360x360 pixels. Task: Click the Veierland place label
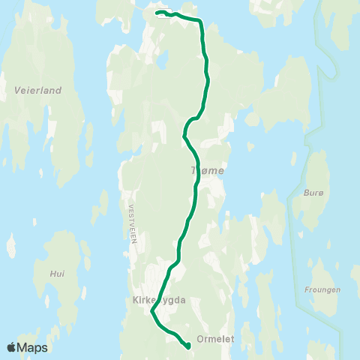tap(37, 90)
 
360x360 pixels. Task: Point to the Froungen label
tap(323, 289)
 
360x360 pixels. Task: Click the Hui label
tap(57, 274)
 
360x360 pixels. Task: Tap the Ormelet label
tap(215, 339)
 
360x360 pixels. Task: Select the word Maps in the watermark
tap(33, 348)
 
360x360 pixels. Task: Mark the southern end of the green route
tap(187, 346)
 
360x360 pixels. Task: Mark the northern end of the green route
tap(156, 13)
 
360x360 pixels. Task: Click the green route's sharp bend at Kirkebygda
tap(152, 311)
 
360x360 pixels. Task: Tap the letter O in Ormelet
tap(199, 339)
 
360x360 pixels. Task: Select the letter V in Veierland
tap(17, 90)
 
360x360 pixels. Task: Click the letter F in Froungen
tap(307, 289)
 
